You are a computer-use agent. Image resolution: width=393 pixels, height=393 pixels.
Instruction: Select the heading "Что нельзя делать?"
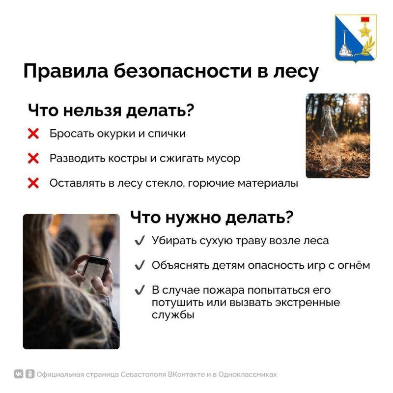click(110, 110)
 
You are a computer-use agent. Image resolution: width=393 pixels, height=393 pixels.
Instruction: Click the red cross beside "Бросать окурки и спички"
click(33, 134)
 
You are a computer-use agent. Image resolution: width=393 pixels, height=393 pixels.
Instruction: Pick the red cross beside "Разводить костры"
click(33, 159)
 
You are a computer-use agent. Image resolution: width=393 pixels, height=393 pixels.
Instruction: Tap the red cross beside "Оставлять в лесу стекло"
click(33, 183)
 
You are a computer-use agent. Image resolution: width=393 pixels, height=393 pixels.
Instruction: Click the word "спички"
click(169, 134)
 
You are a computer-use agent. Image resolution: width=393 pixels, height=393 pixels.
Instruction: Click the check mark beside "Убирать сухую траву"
click(140, 241)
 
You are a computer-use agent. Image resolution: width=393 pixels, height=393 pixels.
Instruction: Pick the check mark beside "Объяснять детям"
click(140, 265)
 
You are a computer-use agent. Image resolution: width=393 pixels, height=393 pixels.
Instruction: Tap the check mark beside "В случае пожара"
click(140, 290)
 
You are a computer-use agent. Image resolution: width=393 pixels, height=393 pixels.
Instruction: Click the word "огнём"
click(354, 265)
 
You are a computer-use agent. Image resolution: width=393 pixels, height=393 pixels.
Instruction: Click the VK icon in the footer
click(19, 374)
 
